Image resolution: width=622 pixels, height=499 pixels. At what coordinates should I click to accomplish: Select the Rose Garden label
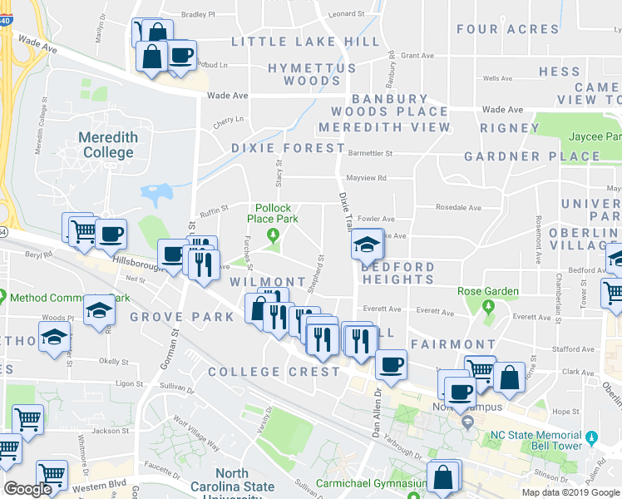pos(488,292)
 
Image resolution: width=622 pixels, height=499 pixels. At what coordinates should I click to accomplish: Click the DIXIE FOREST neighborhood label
pos(288,148)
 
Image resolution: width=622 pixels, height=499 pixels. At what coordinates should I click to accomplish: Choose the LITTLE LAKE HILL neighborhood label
pos(295,42)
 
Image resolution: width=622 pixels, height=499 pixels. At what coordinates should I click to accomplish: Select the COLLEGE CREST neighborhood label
pos(274,372)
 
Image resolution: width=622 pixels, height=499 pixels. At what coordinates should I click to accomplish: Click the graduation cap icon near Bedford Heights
pos(364,245)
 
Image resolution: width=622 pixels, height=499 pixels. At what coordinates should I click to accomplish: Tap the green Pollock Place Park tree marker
pos(273,236)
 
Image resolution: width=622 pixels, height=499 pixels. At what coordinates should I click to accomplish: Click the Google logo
pos(27,489)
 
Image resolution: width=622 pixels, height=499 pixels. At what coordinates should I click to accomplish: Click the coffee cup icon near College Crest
pos(391,363)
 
